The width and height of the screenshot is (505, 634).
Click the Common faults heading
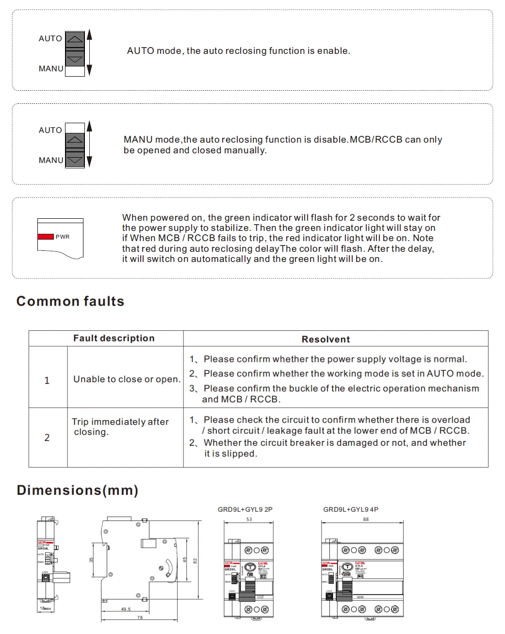[x=70, y=301]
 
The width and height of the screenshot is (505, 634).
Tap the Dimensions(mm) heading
[x=78, y=490]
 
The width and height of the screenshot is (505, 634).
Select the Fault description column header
[x=114, y=339]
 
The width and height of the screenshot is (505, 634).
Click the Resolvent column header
[x=326, y=340]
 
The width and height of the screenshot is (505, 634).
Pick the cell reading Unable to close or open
[x=127, y=379]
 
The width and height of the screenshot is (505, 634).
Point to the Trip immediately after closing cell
[x=120, y=427]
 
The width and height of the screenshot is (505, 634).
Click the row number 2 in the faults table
[x=47, y=438]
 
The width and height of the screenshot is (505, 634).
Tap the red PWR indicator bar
[x=46, y=237]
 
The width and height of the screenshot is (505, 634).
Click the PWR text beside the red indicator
[x=63, y=237]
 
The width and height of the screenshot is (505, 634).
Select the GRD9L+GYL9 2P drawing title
[x=245, y=509]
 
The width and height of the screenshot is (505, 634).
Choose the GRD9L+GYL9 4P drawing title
[x=351, y=509]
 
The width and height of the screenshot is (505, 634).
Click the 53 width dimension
[x=249, y=519]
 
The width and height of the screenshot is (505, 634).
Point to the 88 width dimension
[x=366, y=519]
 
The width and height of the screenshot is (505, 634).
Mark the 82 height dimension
[x=195, y=561]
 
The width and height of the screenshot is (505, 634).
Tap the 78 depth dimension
[x=140, y=618]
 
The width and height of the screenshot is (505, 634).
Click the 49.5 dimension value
[x=126, y=609]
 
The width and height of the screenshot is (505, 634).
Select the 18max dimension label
[x=46, y=608]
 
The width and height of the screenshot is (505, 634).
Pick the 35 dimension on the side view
[x=91, y=560]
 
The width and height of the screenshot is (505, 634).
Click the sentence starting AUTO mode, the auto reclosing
[x=238, y=51]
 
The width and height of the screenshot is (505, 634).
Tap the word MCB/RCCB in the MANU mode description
[x=376, y=140]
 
